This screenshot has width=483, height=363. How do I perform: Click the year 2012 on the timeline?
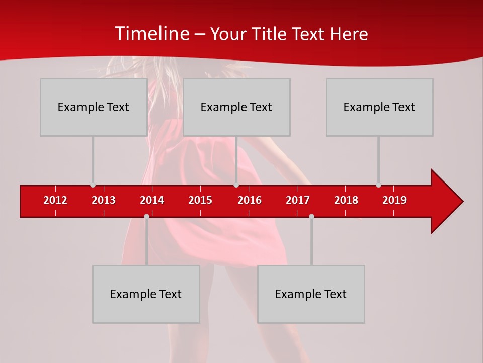pos(55,200)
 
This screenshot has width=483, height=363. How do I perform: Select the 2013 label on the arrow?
pos(104,200)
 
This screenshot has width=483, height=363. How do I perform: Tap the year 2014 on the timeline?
pos(152,200)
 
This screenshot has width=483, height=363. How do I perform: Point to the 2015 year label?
pos(200,200)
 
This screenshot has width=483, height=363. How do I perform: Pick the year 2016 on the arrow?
pos(250,200)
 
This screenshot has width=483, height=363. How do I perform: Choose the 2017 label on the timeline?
pos(298,200)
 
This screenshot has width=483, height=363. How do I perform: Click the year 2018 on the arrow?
pos(346,200)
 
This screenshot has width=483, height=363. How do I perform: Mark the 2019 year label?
pos(394,200)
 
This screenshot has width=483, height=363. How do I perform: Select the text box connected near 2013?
pos(94,107)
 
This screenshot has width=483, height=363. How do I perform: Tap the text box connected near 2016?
pos(236,107)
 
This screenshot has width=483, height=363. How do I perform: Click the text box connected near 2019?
pos(379,107)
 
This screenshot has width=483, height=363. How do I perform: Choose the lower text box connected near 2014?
pos(146,294)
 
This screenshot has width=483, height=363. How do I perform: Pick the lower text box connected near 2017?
pos(311,294)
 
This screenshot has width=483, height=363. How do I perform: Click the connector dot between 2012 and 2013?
pos(93,185)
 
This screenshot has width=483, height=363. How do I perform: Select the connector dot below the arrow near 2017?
pos(311,216)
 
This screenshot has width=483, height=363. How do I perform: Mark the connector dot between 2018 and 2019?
pos(378,185)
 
